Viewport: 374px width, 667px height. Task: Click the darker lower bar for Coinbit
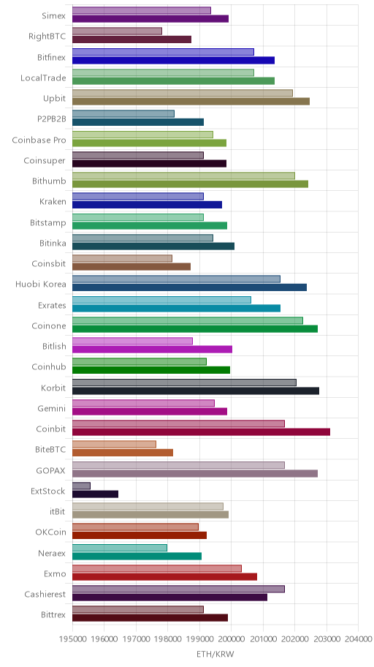point(201,432)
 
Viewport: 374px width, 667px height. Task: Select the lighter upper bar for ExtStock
point(81,486)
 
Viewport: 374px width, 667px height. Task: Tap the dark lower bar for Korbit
point(196,391)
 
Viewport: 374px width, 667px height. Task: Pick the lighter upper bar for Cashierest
point(178,589)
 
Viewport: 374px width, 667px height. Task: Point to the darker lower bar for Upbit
point(191,101)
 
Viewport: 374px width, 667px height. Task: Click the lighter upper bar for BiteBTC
point(115,445)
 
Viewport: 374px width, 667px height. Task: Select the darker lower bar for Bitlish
point(152,350)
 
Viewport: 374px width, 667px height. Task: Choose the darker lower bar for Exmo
point(164,577)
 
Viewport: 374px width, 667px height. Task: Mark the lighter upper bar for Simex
point(142,11)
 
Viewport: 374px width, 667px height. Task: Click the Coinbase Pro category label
point(39,140)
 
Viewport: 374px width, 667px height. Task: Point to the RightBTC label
point(47,36)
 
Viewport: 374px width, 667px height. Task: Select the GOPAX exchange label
point(51,470)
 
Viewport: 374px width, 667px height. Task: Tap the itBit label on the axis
point(58,512)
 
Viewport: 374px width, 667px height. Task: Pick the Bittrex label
point(53,615)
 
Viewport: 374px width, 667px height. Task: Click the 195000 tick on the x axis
point(72,639)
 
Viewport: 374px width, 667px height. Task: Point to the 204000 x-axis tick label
point(358,639)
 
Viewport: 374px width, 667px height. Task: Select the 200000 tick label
point(232,639)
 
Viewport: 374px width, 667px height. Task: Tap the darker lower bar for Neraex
point(137,556)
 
